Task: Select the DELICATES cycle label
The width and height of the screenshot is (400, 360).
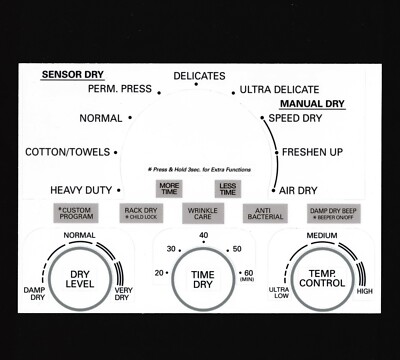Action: click(199, 76)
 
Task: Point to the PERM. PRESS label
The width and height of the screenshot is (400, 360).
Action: click(119, 89)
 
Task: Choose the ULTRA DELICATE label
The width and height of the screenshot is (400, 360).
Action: click(280, 90)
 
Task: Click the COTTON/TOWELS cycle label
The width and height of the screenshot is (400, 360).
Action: click(68, 153)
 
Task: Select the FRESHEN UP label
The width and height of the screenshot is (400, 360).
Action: click(312, 153)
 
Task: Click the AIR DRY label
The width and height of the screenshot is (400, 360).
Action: click(298, 190)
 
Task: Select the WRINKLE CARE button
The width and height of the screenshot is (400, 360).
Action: click(202, 213)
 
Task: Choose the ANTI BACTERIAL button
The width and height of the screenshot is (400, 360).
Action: click(264, 213)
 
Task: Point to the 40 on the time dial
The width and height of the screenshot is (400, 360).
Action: click(203, 236)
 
